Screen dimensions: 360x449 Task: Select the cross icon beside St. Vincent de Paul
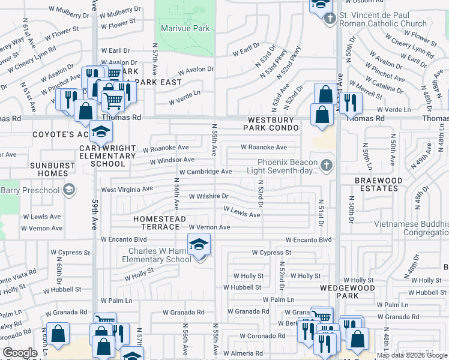coord(330,19)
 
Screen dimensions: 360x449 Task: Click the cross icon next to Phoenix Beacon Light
coord(326,164)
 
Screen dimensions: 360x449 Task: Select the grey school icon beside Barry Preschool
coord(69,190)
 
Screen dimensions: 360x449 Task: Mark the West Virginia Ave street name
coord(127,189)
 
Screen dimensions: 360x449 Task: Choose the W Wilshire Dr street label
coord(209,196)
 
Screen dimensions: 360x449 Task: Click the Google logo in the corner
coord(20,353)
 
